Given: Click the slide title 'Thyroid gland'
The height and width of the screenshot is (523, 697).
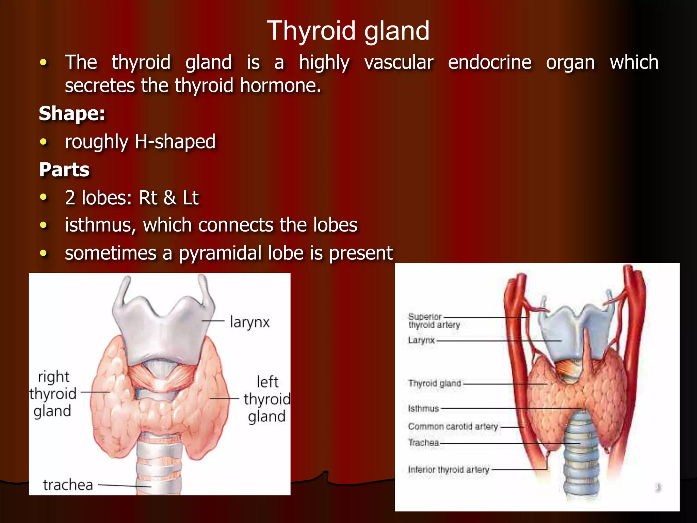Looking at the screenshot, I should [348, 31].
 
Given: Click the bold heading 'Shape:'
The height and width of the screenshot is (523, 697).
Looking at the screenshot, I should [72, 113].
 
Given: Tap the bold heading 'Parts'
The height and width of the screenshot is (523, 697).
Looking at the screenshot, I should [64, 169].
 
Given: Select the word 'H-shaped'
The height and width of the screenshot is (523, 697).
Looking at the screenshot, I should [175, 141].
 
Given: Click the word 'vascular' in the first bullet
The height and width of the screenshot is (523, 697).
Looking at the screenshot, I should [399, 62].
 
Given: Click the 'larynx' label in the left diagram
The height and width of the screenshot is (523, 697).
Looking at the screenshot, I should [249, 322].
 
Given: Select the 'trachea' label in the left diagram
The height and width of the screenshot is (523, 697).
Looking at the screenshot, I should [68, 485].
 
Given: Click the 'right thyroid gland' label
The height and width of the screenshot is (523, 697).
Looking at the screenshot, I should [53, 394].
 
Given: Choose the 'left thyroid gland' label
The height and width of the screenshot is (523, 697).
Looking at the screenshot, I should [267, 399].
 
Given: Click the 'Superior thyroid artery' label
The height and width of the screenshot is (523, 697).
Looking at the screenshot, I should [434, 320].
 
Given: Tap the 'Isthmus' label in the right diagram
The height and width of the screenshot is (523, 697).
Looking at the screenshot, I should [423, 408].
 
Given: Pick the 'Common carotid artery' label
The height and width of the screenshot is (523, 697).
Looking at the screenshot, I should [453, 426].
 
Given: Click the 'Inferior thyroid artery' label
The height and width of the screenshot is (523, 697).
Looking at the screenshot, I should [448, 470].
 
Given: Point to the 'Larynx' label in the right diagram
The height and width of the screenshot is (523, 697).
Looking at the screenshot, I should [421, 340].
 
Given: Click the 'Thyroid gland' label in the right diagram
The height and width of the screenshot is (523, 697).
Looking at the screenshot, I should [435, 383].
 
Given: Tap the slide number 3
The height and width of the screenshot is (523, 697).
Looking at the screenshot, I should [656, 486].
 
